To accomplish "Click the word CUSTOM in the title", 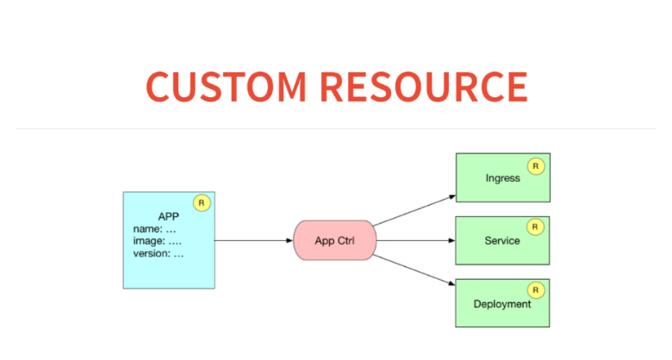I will point(226,86).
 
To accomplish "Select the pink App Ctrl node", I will point(334,240).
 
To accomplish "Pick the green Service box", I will point(502,240).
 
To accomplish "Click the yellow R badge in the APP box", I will point(202,203).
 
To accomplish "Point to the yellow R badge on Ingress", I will point(536,165).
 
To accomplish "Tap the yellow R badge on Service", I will point(536,227).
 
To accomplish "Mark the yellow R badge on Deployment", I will point(536,290).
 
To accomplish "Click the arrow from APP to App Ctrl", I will point(253,240).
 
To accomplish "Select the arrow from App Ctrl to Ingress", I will point(414,210).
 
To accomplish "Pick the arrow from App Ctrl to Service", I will point(415,240).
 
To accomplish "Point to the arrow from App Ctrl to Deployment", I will point(414,270).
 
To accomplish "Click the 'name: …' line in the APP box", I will point(154,229).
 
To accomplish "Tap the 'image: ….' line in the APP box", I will point(157,241).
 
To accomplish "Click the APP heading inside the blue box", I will point(168,216).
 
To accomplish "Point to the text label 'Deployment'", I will point(502,304).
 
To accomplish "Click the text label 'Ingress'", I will point(502,178).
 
